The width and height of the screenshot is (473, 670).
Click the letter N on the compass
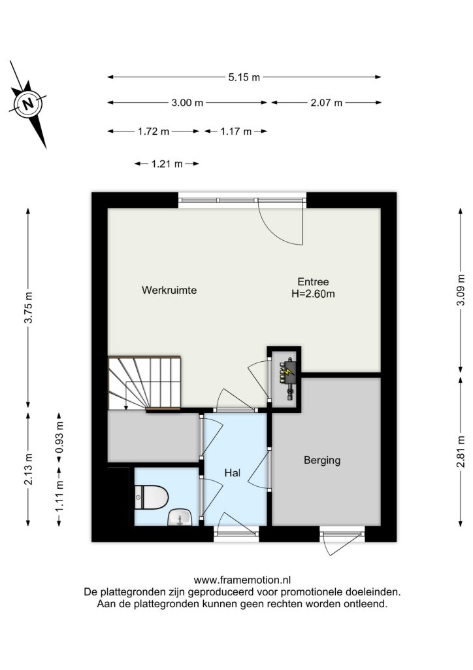[28, 104]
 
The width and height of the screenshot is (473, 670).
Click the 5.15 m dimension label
[244, 77]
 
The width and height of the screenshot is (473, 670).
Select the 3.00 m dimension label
[188, 103]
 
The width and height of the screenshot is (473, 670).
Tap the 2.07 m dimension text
[326, 103]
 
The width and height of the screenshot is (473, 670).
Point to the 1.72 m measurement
[154, 132]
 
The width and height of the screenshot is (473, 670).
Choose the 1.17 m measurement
[236, 132]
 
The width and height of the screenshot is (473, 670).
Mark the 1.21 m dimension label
[167, 164]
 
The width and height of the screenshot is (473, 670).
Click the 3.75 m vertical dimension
[28, 308]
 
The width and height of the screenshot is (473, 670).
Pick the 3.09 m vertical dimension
[461, 290]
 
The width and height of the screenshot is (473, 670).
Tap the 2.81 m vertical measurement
[461, 451]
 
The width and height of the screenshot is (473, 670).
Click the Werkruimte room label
[169, 290]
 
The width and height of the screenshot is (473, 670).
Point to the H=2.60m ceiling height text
[313, 294]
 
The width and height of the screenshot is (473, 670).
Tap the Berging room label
[322, 460]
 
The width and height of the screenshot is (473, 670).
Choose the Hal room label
[233, 473]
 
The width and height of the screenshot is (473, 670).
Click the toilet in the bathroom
[152, 497]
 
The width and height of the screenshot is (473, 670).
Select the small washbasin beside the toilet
[180, 518]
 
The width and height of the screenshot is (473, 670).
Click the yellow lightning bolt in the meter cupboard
[289, 370]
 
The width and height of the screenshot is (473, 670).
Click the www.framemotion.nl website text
[242, 580]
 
